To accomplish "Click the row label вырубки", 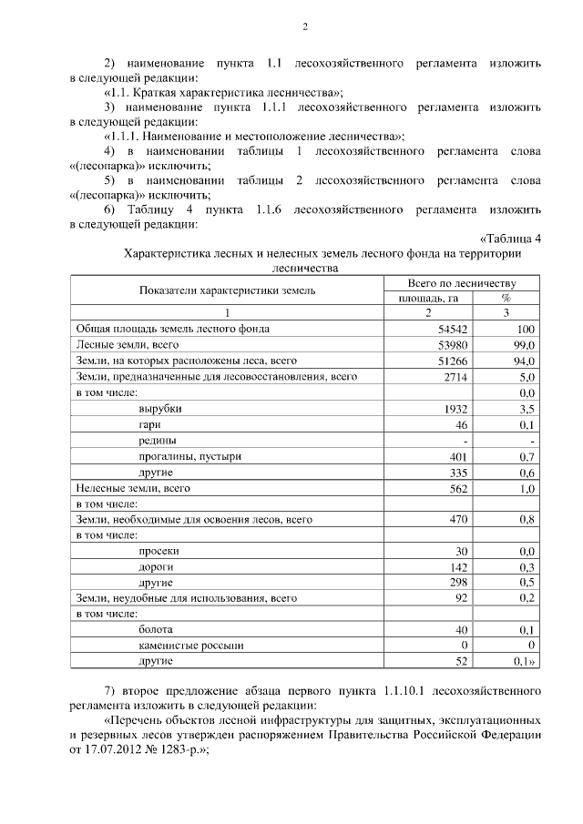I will click(159, 409).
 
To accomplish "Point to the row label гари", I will click(150, 424).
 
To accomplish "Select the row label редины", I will click(157, 441).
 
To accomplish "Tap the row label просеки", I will click(159, 551).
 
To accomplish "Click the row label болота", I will click(157, 630).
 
